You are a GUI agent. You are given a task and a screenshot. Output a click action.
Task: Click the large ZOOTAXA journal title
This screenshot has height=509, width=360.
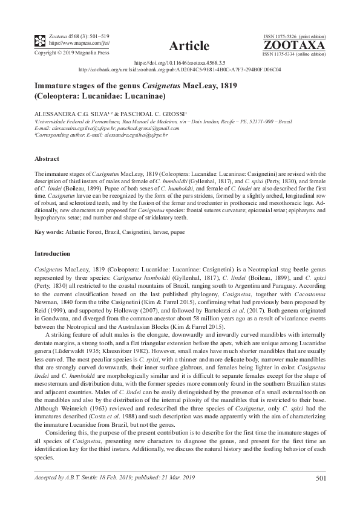click(x=293, y=45)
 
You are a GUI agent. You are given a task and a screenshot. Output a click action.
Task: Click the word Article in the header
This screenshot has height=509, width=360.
click(x=189, y=46)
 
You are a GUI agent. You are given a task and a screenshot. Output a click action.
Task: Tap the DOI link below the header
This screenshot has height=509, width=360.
click(x=179, y=62)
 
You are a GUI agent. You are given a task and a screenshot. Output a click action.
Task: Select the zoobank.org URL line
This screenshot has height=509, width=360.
click(x=180, y=69)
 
